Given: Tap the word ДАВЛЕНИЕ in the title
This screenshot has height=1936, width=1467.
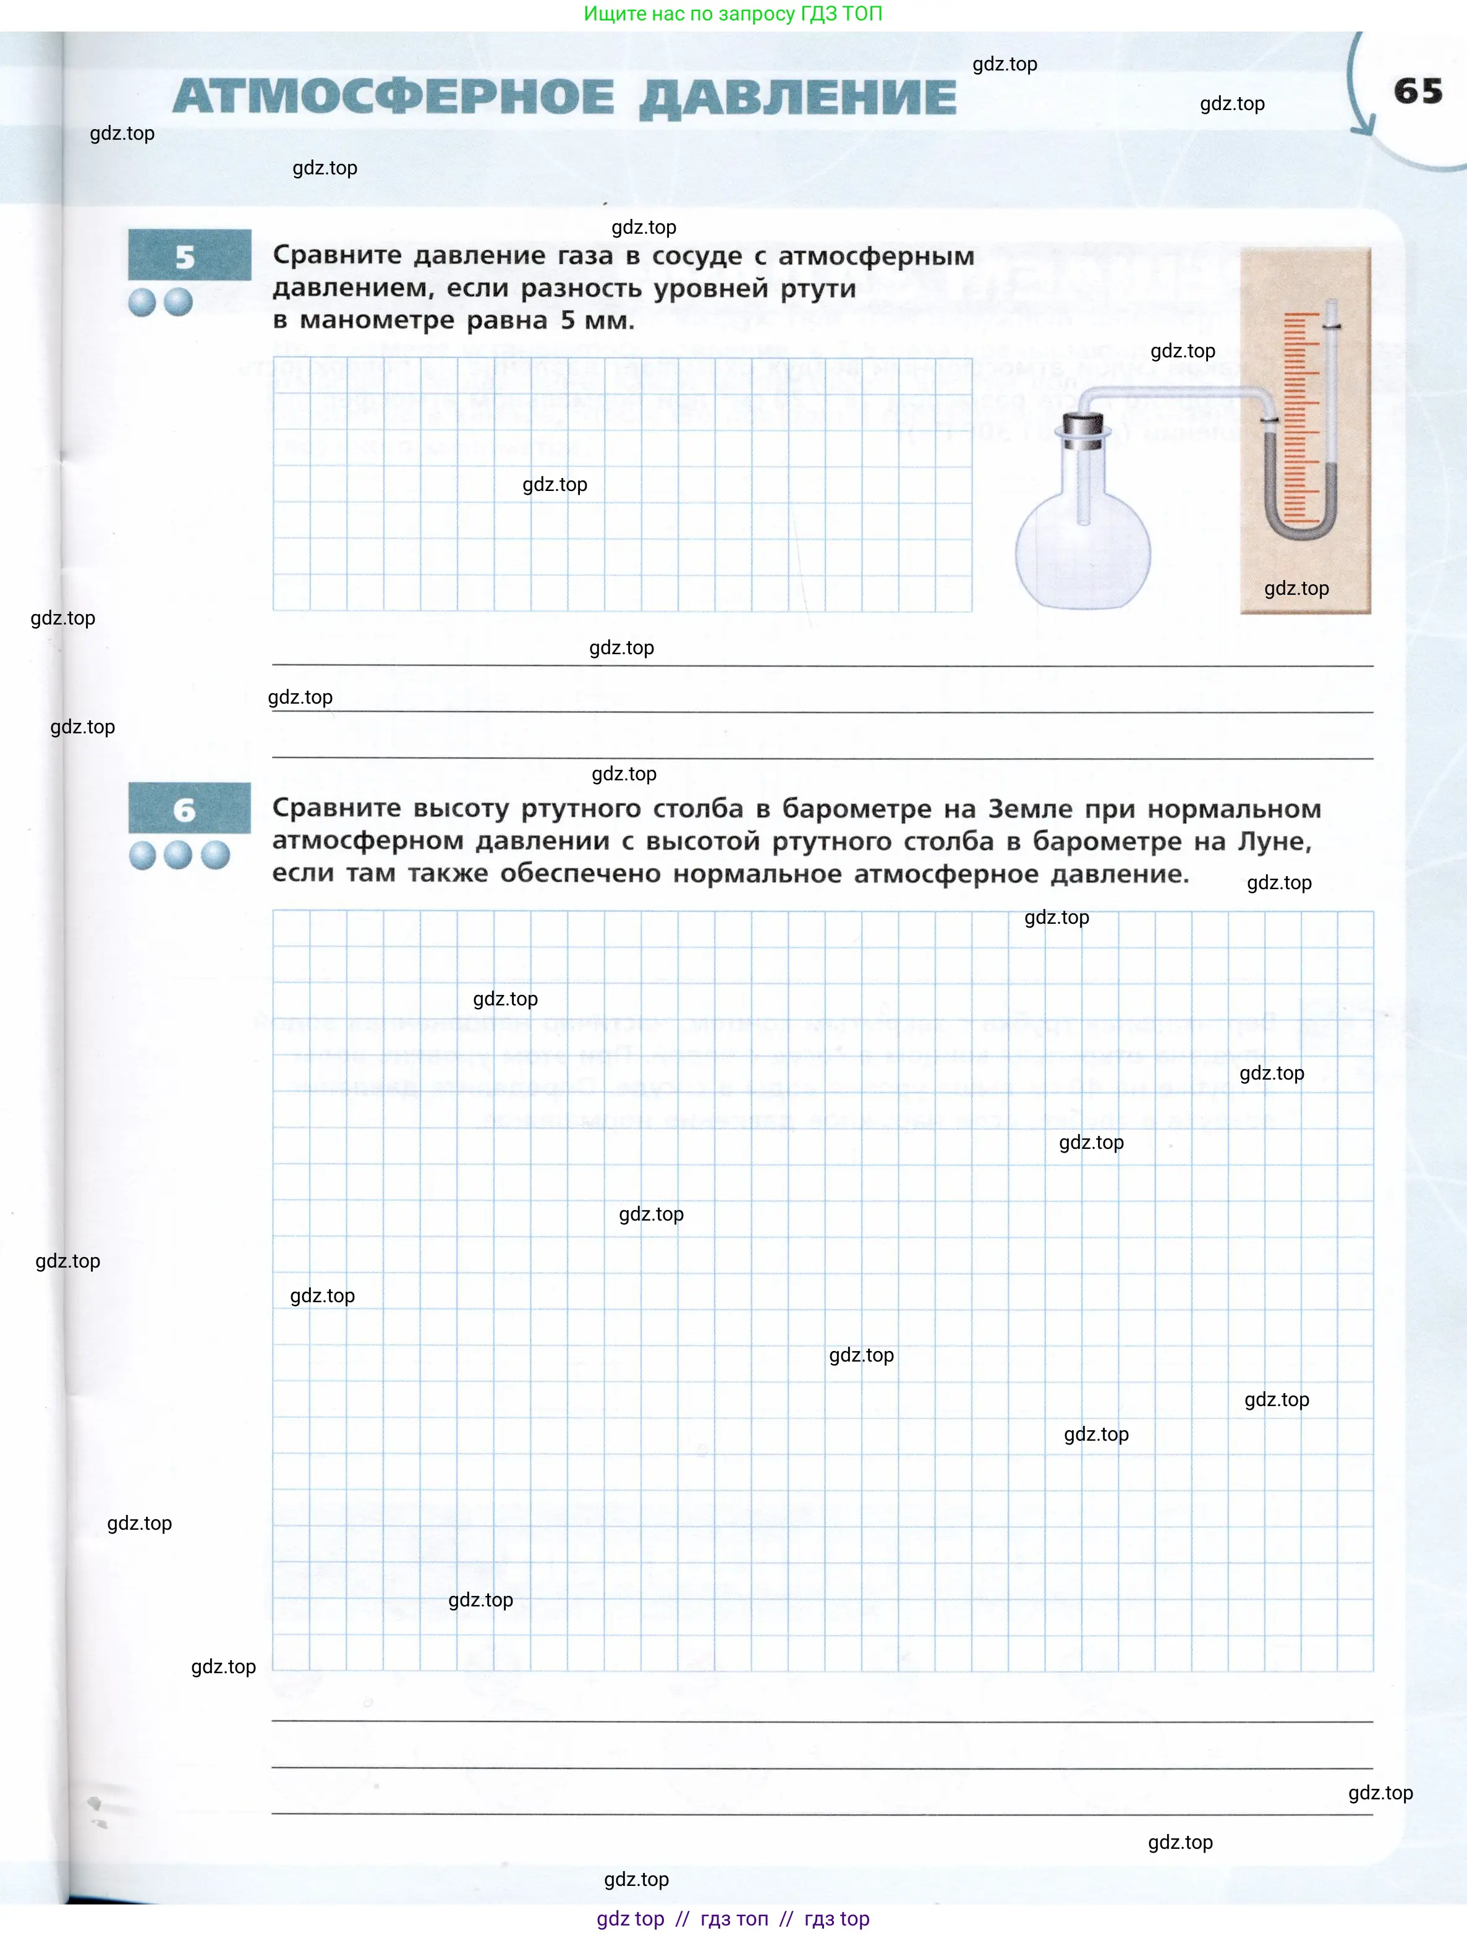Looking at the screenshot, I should [797, 98].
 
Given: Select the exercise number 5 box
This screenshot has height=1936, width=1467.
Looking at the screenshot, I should [189, 255].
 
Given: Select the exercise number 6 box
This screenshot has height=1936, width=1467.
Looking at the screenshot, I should [189, 808].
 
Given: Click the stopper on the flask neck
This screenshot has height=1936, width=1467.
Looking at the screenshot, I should [1084, 430].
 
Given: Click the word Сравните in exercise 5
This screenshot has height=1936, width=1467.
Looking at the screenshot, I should [336, 255].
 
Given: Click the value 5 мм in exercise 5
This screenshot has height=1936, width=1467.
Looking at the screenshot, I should [597, 320].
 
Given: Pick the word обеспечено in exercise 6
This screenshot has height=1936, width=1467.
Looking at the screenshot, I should [579, 874].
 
